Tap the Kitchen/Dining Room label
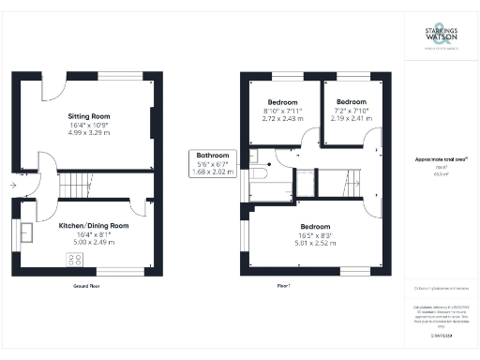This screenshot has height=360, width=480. pyautogui.click(x=86, y=226)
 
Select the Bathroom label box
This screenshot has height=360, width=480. pyautogui.click(x=210, y=163)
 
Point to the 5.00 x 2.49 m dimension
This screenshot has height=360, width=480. pyautogui.click(x=86, y=243)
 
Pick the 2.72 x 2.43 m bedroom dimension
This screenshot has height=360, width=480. pyautogui.click(x=282, y=120)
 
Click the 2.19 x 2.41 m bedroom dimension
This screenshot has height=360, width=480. pyautogui.click(x=351, y=120)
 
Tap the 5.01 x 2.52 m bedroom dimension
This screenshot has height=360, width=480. pyautogui.click(x=316, y=243)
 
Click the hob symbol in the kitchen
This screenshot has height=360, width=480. pyautogui.click(x=72, y=260)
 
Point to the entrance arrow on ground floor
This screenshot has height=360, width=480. pyautogui.click(x=11, y=186)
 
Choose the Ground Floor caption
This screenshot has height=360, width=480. pyautogui.click(x=86, y=285)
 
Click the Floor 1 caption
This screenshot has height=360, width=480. pyautogui.click(x=283, y=285)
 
